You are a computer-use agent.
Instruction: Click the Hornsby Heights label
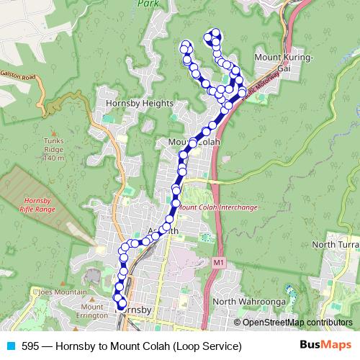tap(140, 104)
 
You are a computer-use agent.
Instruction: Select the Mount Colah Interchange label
tap(218, 207)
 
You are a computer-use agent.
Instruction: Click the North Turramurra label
tap(336, 246)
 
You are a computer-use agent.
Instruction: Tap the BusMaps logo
tap(325, 346)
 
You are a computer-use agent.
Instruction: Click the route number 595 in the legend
tap(30, 346)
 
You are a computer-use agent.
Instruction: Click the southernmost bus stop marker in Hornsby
tap(122, 304)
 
